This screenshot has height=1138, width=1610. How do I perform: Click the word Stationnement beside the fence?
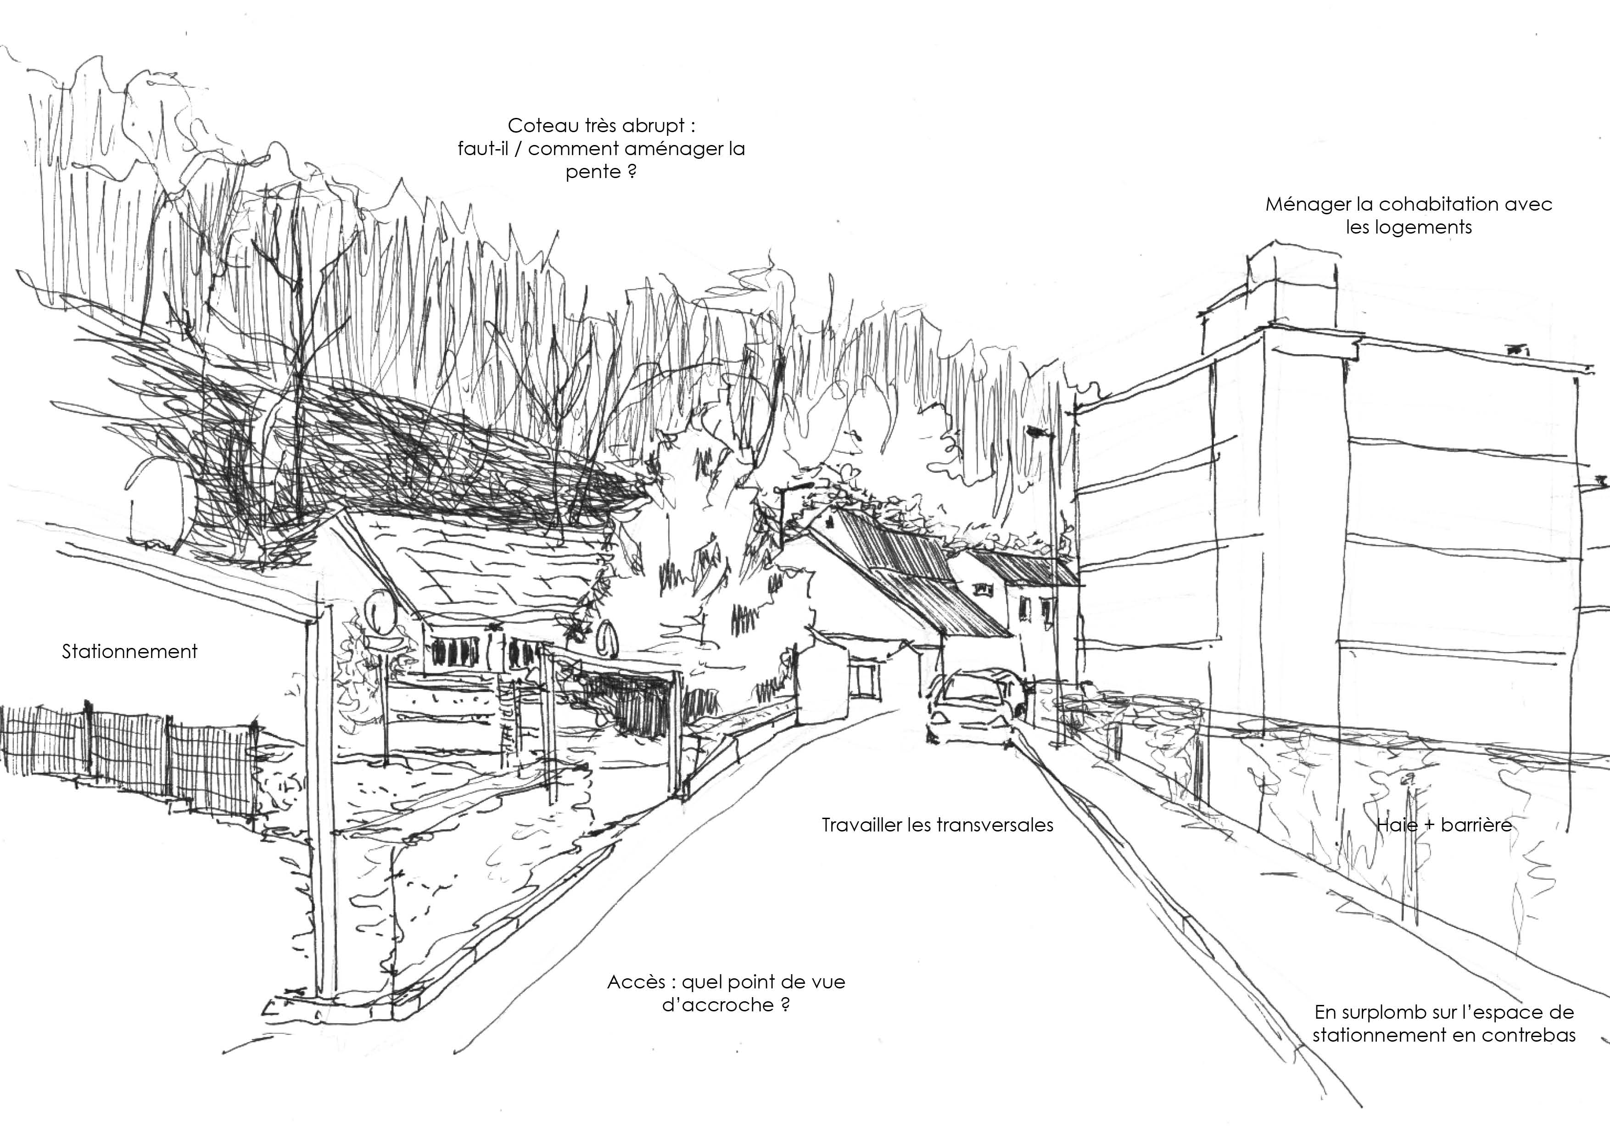coord(130,652)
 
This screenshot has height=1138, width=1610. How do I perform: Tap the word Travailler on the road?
coord(862,825)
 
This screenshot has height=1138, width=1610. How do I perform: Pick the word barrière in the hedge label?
coord(1476,825)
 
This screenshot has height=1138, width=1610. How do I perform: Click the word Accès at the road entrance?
coord(635,982)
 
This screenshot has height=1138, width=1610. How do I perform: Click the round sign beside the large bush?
coord(607,639)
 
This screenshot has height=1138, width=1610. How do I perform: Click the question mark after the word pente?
coord(632,172)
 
